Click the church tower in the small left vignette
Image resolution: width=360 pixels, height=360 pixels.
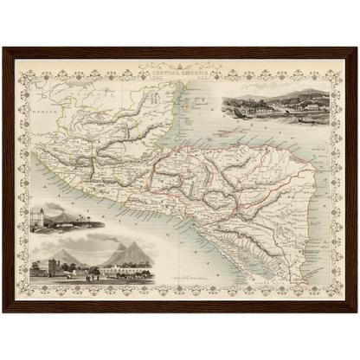coord(38,215)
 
